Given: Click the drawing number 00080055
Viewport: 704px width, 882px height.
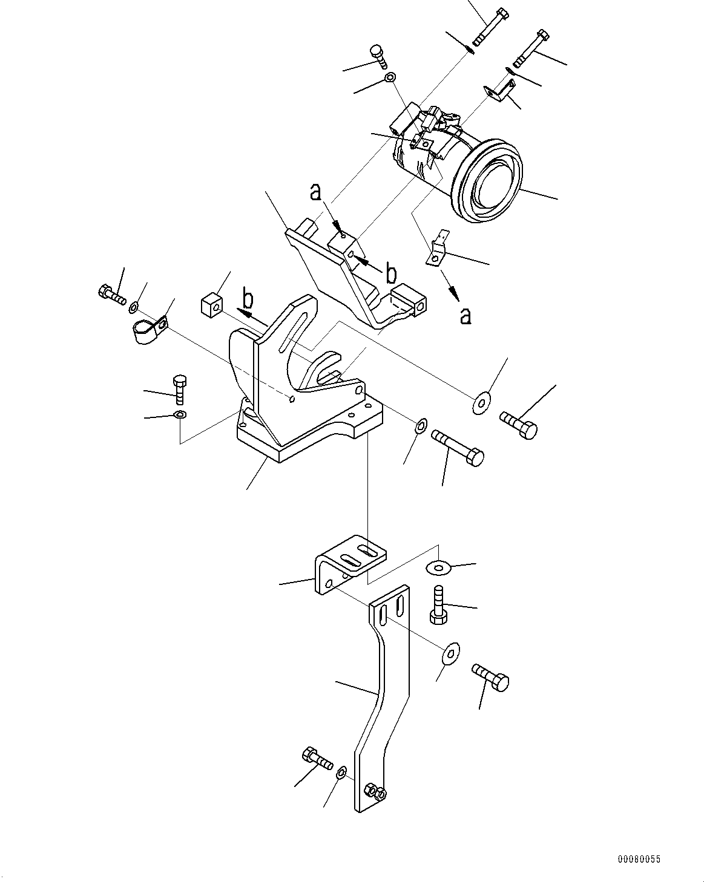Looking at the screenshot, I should click(x=639, y=858).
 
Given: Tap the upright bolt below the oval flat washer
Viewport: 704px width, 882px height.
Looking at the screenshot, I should click(x=438, y=606).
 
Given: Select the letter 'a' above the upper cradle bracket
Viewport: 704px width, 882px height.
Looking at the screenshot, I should click(x=315, y=192).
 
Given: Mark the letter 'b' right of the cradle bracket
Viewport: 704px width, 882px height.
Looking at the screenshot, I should click(x=391, y=274).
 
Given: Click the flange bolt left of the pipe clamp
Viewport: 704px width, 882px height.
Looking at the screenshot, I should click(x=111, y=295).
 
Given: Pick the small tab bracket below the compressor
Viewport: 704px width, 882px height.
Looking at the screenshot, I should click(x=438, y=250).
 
